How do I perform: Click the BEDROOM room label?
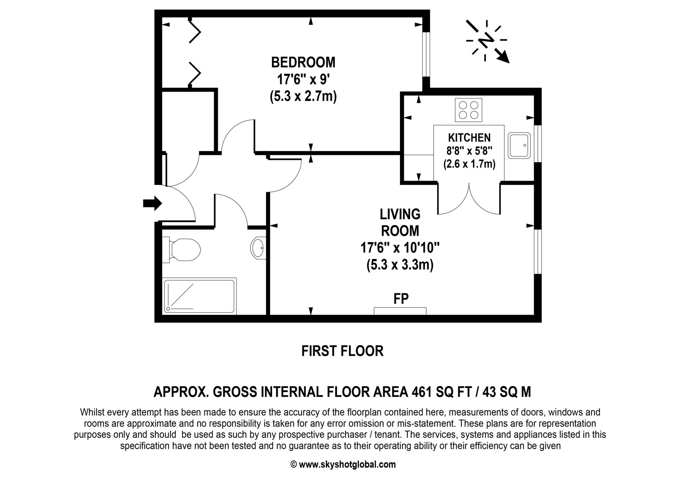pyautogui.click(x=303, y=62)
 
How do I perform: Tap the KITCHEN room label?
pyautogui.click(x=469, y=138)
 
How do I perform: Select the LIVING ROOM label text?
pyautogui.click(x=400, y=223)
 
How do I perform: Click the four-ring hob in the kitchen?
pyautogui.click(x=468, y=110)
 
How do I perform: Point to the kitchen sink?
pyautogui.click(x=519, y=145)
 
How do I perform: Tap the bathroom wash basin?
pyautogui.click(x=258, y=247)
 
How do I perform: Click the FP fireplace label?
pyautogui.click(x=401, y=299)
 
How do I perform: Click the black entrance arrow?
pyautogui.click(x=152, y=203)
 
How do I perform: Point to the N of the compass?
pyautogui.click(x=486, y=41)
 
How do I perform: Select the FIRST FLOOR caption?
pyautogui.click(x=342, y=351)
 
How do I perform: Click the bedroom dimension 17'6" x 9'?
pyautogui.click(x=303, y=80)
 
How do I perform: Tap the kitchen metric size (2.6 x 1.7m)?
pyautogui.click(x=469, y=164)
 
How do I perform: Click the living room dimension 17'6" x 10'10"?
pyautogui.click(x=400, y=248)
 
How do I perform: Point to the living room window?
pyautogui.click(x=538, y=251)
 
